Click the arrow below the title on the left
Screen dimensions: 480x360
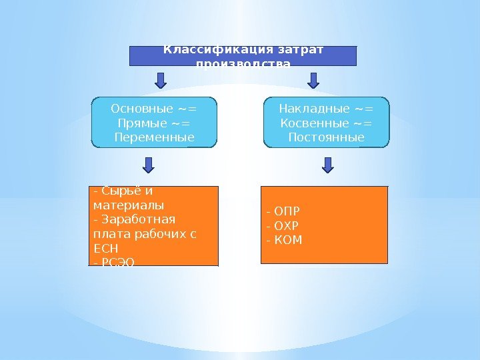(161, 80)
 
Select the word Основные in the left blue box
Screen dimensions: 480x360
(142, 109)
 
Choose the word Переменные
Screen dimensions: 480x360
(155, 138)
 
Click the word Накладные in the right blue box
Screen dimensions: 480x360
(313, 109)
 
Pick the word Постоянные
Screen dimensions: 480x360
(326, 138)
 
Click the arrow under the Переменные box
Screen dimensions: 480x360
(149, 165)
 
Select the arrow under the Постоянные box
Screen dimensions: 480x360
(328, 165)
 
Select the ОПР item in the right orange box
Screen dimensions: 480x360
(287, 213)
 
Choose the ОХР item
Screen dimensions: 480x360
(287, 226)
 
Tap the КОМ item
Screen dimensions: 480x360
(289, 239)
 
